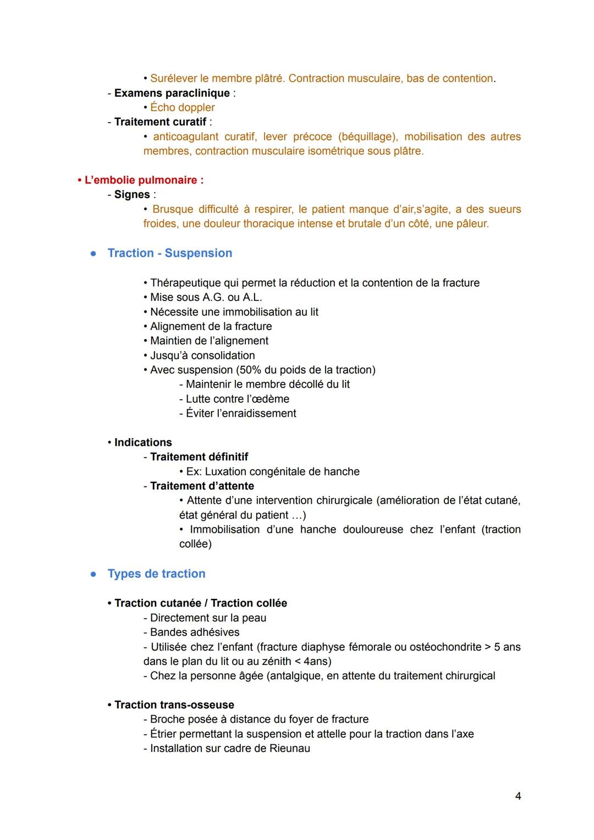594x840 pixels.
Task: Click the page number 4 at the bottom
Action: click(x=518, y=796)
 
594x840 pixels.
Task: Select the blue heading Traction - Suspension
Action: click(x=169, y=253)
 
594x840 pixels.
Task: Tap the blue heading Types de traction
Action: click(x=156, y=574)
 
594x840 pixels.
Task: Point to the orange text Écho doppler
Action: click(x=182, y=107)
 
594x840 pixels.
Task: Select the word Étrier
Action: click(x=163, y=734)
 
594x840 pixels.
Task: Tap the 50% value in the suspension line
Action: click(x=251, y=370)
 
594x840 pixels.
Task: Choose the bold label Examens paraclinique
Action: click(x=172, y=93)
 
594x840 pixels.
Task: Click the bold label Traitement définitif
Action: click(x=199, y=457)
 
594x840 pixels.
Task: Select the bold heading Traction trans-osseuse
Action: click(x=174, y=705)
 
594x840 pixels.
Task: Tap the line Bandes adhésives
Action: click(x=194, y=632)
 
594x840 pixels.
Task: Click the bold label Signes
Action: click(x=132, y=194)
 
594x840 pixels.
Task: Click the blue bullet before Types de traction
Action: click(x=94, y=574)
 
